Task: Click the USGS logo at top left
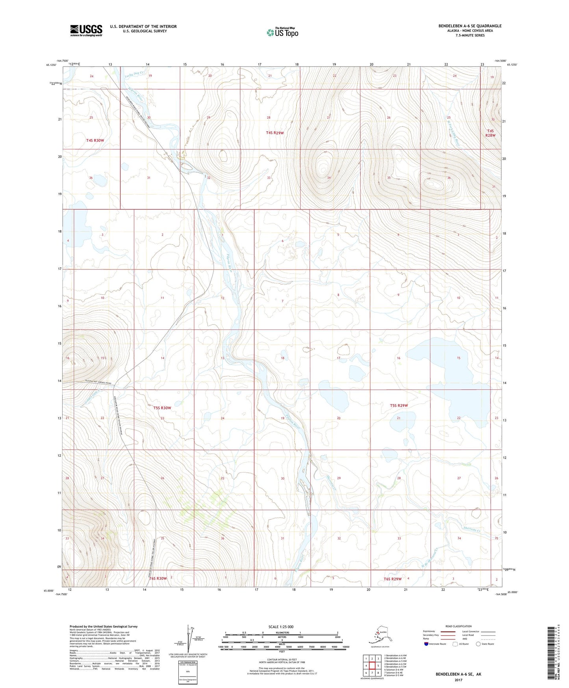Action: [86, 30]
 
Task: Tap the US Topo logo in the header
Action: [282, 32]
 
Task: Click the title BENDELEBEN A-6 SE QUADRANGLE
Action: [470, 26]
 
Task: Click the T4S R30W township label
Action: [95, 140]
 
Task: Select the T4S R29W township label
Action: [274, 133]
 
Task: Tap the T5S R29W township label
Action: [399, 405]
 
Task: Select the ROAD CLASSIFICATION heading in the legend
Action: [458, 626]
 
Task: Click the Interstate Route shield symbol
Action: [426, 644]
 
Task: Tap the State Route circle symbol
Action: [478, 644]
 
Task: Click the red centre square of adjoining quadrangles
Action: [372, 666]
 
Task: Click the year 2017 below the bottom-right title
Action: [458, 680]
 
